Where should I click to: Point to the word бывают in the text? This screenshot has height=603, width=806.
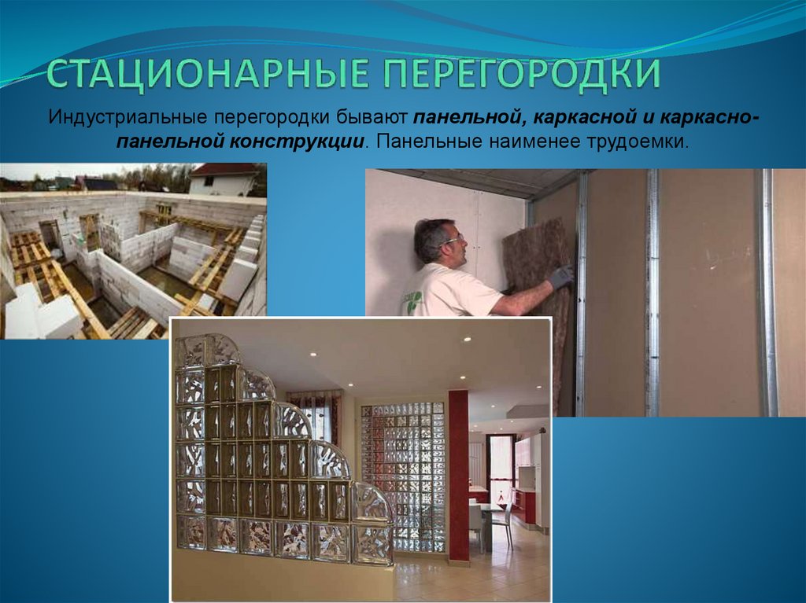tap(371, 119)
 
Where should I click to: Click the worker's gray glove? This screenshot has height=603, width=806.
tap(560, 277)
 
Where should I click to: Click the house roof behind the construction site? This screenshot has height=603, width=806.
tap(225, 170)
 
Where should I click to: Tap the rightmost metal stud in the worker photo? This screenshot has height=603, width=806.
tap(767, 291)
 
